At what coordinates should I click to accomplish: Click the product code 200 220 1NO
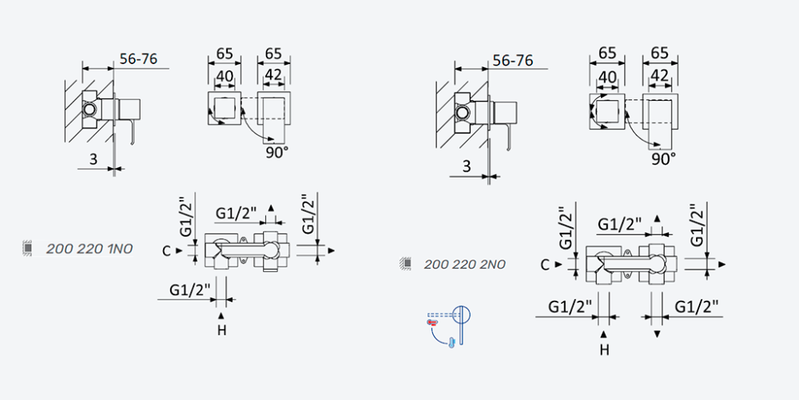(89, 249)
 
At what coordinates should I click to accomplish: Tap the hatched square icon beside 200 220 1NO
(28, 248)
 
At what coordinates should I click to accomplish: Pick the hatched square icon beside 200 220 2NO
(406, 264)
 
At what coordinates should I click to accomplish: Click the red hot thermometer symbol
(431, 322)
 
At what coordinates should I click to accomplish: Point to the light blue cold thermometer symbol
(451, 342)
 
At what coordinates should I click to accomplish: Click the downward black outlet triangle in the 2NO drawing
(657, 334)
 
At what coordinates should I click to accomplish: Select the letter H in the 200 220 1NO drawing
(221, 330)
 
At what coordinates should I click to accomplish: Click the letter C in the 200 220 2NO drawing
(545, 264)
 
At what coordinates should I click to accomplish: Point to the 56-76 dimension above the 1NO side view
(138, 58)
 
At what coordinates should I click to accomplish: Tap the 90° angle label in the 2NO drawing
(663, 159)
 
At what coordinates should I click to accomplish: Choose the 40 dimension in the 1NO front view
(225, 76)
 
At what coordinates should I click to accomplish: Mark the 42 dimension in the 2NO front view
(660, 75)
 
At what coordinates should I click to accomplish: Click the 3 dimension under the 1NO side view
(93, 159)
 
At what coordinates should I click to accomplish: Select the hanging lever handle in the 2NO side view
(507, 138)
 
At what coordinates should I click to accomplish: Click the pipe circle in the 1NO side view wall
(89, 109)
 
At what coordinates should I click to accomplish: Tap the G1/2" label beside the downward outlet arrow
(697, 306)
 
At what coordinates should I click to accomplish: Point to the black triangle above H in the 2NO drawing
(604, 334)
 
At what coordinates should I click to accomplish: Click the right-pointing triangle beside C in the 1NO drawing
(179, 250)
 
